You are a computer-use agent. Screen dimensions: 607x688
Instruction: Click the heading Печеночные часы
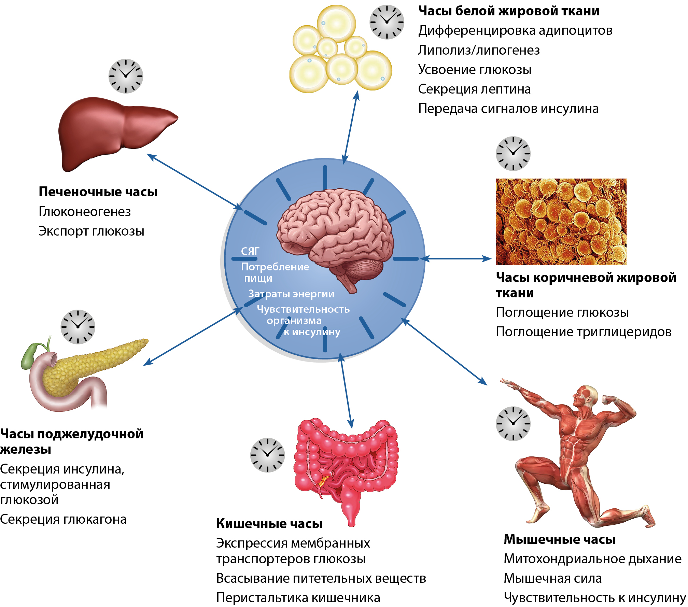pos(98,192)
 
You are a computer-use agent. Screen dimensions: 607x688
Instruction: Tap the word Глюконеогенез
pos(85,212)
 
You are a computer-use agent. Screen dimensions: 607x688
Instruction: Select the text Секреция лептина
pos(474,89)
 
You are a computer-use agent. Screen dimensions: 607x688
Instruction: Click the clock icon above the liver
pos(126,76)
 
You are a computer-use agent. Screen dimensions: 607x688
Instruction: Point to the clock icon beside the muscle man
pos(513,423)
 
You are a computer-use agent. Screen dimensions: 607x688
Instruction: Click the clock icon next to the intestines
pos(267,455)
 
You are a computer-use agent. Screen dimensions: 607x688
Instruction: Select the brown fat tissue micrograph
pos(561,222)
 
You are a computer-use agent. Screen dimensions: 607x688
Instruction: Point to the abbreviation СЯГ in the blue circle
pos(250,251)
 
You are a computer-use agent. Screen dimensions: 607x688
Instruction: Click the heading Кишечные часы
pos(269,523)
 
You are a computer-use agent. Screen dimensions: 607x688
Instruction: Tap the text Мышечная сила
pos(552,578)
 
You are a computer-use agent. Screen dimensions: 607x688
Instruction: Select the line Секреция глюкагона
pos(63,519)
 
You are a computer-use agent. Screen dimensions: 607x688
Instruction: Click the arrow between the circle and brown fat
pos(456,259)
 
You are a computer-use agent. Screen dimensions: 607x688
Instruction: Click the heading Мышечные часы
pos(560,539)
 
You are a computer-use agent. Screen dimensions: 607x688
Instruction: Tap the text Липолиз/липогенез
pos(479,50)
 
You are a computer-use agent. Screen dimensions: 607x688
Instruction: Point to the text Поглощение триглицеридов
pos(584,331)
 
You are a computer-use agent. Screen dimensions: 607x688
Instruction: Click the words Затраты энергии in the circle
pos(291,294)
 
